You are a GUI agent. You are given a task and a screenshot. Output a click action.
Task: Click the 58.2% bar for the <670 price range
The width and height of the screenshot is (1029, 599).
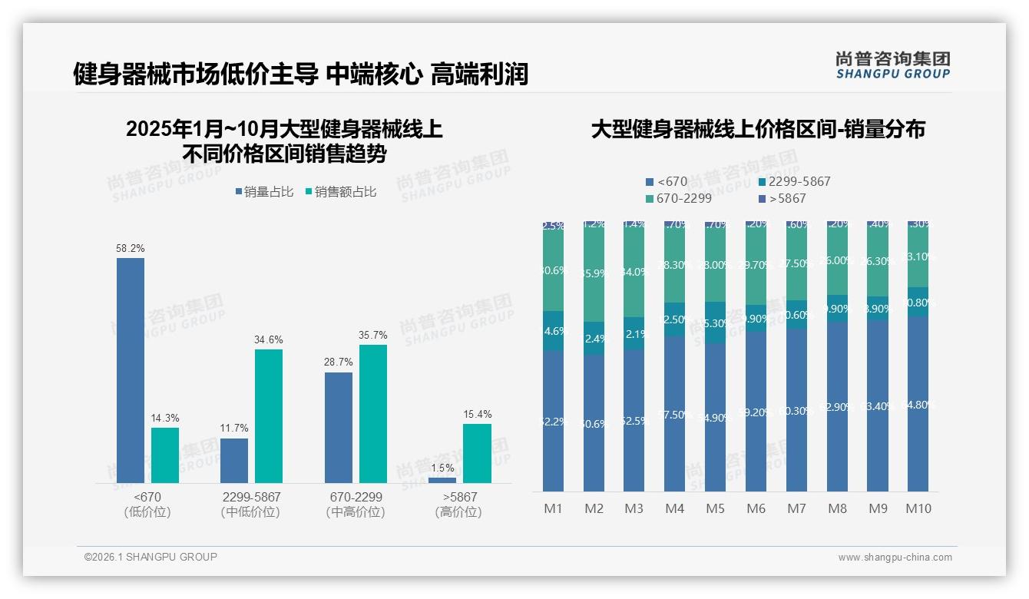131,370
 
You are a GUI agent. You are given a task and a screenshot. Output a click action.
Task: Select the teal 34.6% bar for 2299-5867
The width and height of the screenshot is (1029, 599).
269,416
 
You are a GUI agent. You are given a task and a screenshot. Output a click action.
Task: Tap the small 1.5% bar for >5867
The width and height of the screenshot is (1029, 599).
442,480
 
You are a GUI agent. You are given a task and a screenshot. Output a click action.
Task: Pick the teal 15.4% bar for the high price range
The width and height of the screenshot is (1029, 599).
477,453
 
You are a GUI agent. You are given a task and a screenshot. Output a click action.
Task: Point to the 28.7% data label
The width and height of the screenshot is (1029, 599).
339,362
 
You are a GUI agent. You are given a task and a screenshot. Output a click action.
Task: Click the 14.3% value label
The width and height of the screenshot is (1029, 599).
165,418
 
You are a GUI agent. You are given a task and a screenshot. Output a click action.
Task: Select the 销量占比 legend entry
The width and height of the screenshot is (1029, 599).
264,192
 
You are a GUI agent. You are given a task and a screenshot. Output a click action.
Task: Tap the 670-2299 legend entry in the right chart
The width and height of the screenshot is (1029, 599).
679,199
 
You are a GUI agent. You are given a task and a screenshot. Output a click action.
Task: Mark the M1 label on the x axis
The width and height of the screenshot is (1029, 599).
554,508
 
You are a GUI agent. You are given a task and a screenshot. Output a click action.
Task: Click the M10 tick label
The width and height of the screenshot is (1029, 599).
918,508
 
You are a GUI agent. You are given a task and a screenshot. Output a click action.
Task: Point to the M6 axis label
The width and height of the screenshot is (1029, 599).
756,508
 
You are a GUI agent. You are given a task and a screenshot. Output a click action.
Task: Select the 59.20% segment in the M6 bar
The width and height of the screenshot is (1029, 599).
756,412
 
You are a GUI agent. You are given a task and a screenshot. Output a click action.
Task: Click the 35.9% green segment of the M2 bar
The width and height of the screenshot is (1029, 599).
594,273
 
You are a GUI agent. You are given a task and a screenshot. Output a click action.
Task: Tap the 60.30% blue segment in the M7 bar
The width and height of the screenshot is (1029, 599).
796,410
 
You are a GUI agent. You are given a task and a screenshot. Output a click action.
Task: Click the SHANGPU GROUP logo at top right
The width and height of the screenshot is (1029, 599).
892,65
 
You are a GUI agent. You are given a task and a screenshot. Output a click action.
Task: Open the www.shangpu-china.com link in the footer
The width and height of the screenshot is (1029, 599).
895,558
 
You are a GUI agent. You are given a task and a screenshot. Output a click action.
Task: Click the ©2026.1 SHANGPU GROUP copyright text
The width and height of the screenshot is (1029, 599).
151,557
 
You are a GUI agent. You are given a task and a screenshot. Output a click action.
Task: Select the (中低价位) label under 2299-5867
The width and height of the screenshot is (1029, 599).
250,512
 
